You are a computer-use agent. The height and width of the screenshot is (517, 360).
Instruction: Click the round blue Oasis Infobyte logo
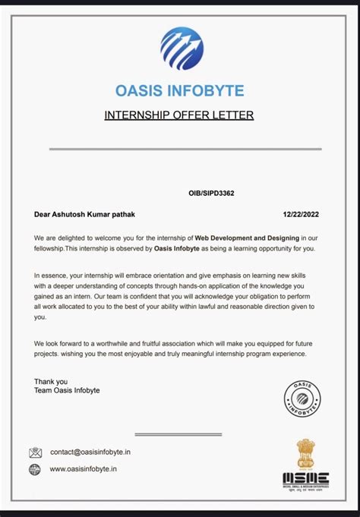182,49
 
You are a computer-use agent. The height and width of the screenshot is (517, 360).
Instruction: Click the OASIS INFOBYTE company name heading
180,91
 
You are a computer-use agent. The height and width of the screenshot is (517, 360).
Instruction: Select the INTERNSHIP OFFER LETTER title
178,115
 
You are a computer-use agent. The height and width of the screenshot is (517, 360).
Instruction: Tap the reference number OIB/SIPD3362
211,194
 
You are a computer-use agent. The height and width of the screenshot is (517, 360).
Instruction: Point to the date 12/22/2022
301,214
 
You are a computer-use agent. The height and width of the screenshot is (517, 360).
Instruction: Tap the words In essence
51,274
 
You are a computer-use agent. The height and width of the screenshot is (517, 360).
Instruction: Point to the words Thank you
51,381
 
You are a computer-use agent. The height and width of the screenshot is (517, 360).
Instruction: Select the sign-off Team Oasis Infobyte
67,390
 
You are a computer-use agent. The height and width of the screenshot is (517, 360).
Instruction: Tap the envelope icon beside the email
35,452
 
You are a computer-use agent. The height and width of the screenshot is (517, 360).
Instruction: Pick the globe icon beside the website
35,469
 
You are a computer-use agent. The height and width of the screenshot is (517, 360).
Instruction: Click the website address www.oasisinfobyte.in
84,469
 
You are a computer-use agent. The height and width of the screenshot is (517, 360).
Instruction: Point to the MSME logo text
305,478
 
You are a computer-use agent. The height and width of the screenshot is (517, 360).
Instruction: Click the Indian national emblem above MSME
305,453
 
